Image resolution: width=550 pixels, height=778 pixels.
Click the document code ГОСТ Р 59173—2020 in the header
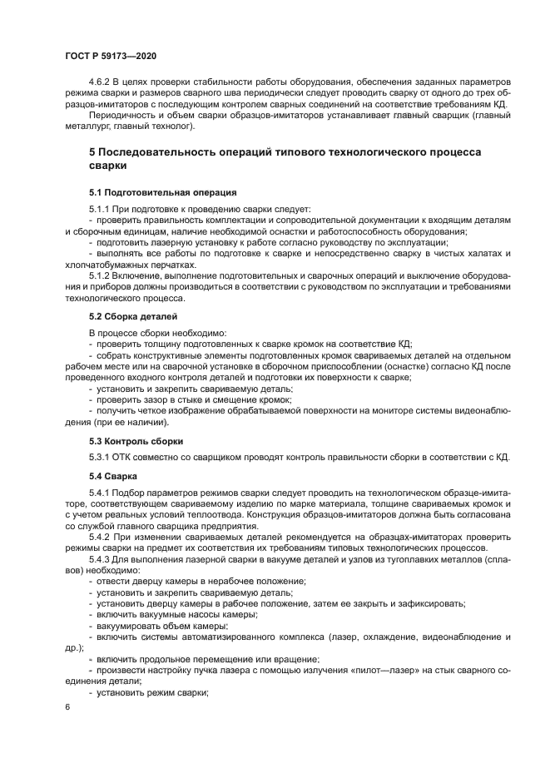click(x=110, y=55)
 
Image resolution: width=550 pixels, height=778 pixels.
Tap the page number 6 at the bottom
click(x=67, y=706)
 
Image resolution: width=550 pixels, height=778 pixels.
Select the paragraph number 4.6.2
click(x=101, y=82)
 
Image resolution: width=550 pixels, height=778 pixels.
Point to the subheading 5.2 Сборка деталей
click(x=132, y=316)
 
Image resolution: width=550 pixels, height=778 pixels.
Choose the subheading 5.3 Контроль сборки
click(x=136, y=440)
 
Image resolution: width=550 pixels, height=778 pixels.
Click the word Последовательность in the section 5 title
click(x=176, y=152)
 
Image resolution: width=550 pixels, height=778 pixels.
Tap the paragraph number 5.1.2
click(x=102, y=274)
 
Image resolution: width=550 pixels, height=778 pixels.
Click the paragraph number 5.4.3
click(x=102, y=558)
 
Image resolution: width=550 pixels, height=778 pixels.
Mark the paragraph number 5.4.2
click(x=102, y=537)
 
